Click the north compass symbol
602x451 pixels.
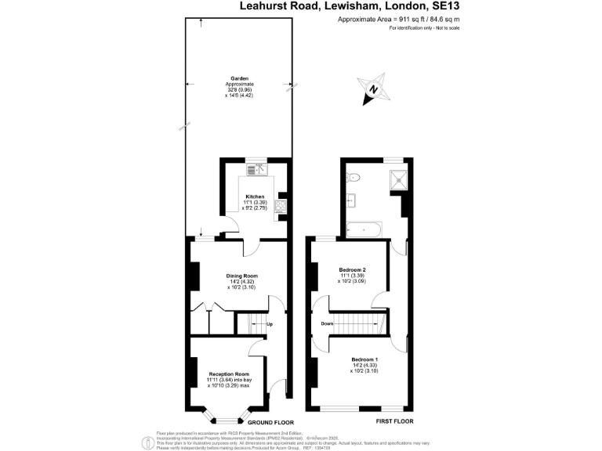373,90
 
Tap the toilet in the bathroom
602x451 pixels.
352,175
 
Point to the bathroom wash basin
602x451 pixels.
350,200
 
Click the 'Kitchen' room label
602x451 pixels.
256,197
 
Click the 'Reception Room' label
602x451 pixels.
228,374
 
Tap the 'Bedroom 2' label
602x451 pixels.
353,269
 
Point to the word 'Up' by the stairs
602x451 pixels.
270,324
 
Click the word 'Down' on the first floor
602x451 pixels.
328,323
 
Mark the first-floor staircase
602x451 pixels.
361,323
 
